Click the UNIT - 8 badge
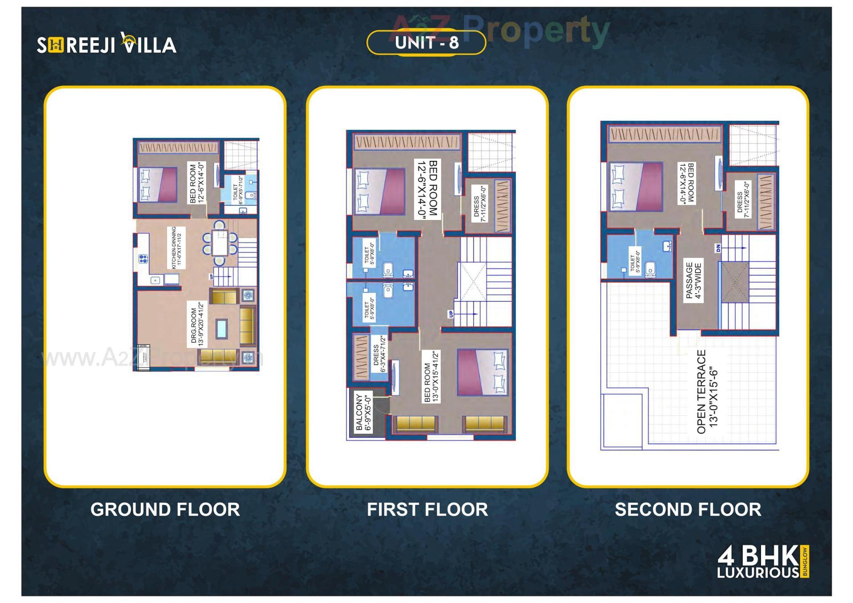coord(426,43)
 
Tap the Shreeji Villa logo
coord(107,44)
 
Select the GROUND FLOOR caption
coord(165,509)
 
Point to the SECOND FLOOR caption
coord(688,509)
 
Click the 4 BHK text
coord(758,556)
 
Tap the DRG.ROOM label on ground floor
coord(196,325)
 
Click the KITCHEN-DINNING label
coord(177,248)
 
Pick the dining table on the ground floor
coord(219,243)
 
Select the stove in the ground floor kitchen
coord(143,259)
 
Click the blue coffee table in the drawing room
coord(221,329)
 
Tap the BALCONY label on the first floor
coord(363,412)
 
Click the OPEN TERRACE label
coord(707,391)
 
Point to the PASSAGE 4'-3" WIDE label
coord(693,280)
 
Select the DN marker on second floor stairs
coord(718,248)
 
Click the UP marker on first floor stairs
coord(450,314)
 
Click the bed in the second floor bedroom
coord(636,186)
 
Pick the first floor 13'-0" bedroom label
coord(431,377)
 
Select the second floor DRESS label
coord(743,200)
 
